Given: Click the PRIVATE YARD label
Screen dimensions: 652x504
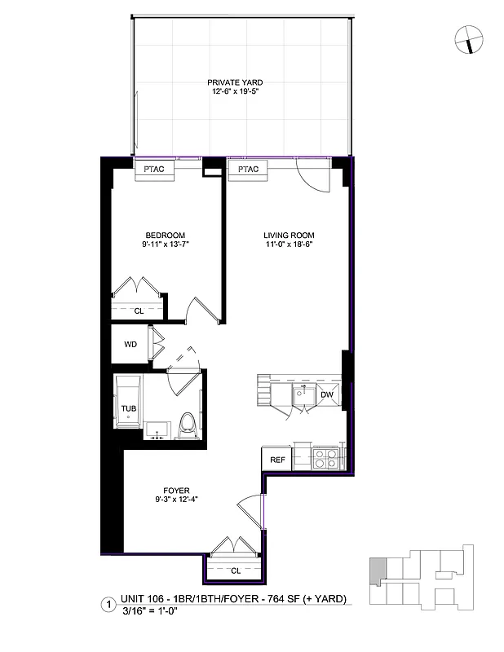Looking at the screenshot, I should point(234,82).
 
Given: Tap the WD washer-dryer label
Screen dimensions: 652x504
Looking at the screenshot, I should point(130,344).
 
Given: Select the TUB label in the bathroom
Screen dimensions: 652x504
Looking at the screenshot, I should point(129,408).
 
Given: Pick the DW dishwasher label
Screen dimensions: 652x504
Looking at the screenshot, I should point(327,394).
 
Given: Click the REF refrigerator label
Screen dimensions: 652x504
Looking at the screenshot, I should point(276,460).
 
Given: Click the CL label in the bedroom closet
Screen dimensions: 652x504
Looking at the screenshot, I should point(139,311).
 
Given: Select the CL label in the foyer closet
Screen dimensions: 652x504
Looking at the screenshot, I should point(234,570).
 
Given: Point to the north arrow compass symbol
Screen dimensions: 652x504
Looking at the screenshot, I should point(469,37).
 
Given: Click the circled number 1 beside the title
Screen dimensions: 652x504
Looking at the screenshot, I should point(106,605).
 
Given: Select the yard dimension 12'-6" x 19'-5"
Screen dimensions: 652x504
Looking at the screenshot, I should point(234,92).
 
